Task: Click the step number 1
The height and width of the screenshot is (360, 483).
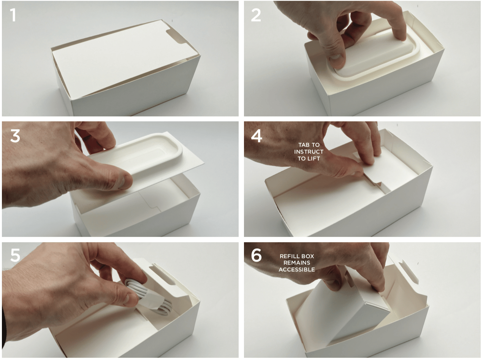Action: [13, 15]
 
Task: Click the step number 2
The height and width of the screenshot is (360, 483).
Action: [256, 15]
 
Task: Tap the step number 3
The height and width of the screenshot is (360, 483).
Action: [15, 136]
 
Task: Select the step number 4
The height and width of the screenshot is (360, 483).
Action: [256, 136]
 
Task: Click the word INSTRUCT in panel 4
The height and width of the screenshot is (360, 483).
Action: [309, 152]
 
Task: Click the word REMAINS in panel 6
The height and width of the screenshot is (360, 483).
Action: [296, 263]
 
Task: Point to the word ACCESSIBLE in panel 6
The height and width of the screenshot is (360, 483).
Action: [296, 270]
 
